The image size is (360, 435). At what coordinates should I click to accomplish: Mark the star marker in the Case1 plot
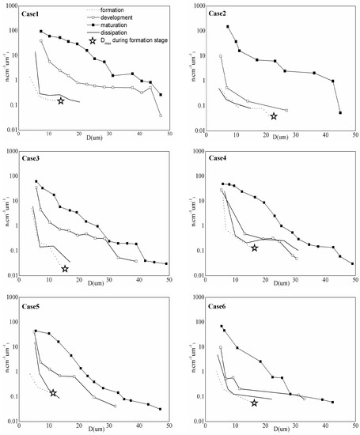(x=61, y=101)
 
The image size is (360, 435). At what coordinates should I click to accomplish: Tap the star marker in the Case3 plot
(x=65, y=269)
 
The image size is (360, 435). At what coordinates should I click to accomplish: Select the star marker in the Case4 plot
(x=255, y=248)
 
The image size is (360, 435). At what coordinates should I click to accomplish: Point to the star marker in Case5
(x=54, y=393)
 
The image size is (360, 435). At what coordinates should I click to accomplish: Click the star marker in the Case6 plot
(x=254, y=403)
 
